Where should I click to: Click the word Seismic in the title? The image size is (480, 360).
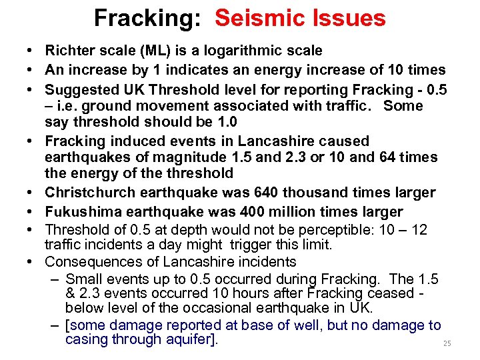(261, 18)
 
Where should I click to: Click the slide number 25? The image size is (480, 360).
(447, 343)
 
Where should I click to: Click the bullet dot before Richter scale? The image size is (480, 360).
(32, 51)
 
